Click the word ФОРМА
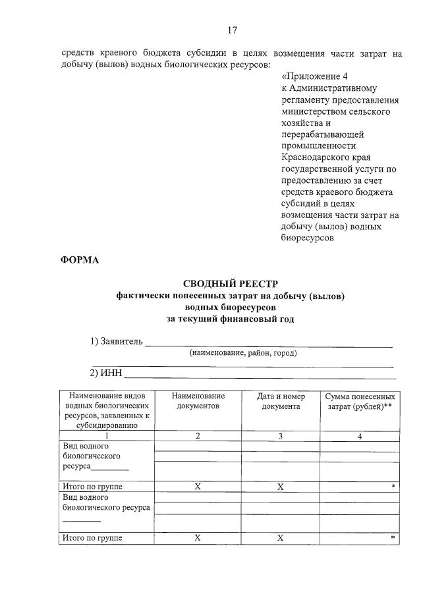pyautogui.click(x=80, y=259)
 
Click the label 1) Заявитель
pyautogui.click(x=117, y=341)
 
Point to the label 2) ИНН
pyautogui.click(x=106, y=373)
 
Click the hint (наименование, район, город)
pyautogui.click(x=243, y=353)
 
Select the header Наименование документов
pyautogui.click(x=198, y=401)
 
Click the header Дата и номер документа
pyautogui.click(x=281, y=401)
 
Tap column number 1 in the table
pyautogui.click(x=106, y=436)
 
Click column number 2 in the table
pyautogui.click(x=198, y=436)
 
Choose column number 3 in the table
pyautogui.click(x=281, y=436)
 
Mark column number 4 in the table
pyautogui.click(x=360, y=436)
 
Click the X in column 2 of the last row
pyautogui.click(x=198, y=538)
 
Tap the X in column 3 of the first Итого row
pyautogui.click(x=281, y=487)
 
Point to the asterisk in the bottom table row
pyautogui.click(x=393, y=539)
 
